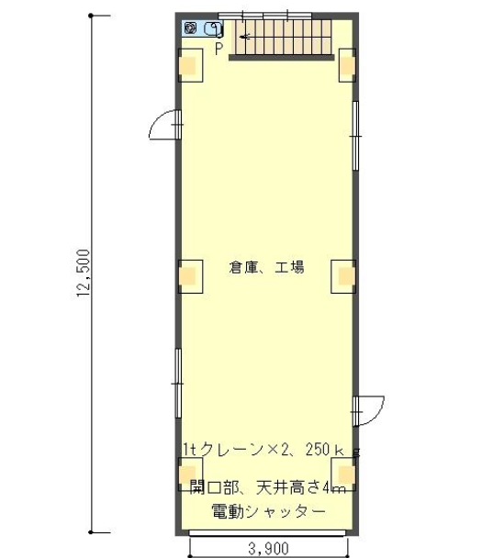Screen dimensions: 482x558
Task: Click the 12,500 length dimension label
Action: point(83,273)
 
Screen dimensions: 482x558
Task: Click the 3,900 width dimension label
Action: point(268,549)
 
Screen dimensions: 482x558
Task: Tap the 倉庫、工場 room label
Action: point(266,267)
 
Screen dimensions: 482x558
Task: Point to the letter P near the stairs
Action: point(219,49)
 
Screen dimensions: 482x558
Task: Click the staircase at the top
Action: point(282,39)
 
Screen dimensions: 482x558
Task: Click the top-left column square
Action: point(190,65)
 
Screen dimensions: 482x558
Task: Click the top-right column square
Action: point(347,65)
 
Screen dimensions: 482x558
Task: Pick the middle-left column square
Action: point(190,276)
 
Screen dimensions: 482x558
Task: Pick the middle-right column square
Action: point(343,276)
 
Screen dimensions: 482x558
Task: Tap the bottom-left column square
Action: point(190,474)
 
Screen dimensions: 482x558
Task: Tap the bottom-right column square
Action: point(343,474)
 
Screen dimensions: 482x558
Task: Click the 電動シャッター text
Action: point(269,511)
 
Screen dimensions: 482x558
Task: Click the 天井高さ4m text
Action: point(301,487)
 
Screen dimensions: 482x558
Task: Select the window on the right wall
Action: point(355,136)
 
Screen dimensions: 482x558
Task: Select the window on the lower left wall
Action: point(178,384)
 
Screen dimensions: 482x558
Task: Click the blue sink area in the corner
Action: point(202,28)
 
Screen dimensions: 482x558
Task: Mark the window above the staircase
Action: point(264,16)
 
